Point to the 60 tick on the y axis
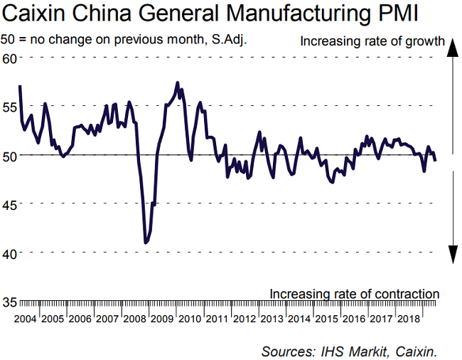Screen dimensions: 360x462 tap(10, 58)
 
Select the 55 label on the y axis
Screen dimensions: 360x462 tap(10, 106)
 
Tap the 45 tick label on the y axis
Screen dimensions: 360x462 tap(10, 204)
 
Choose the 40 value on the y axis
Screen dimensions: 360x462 tap(10, 253)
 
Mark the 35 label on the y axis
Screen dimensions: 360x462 tap(10, 302)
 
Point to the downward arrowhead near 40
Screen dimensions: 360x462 tap(451, 253)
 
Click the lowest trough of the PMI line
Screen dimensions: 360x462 tap(146, 243)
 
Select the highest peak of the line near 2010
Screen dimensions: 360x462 tap(177, 83)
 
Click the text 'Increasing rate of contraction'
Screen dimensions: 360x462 tap(354, 293)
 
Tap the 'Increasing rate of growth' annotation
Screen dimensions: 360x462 tap(372, 41)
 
